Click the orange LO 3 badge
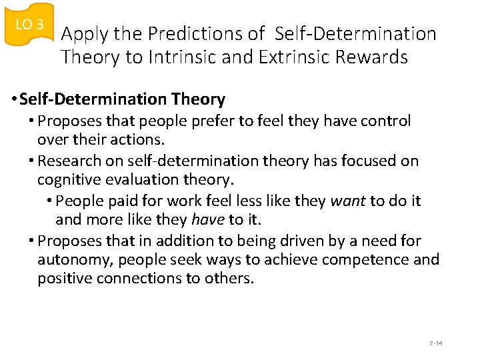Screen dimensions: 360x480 coord(29,25)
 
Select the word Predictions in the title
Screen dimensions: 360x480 coord(207,33)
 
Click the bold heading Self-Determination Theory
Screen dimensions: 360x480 coord(122,99)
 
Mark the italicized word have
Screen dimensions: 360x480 coord(207,219)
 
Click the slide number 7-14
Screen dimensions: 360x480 coord(436,343)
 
